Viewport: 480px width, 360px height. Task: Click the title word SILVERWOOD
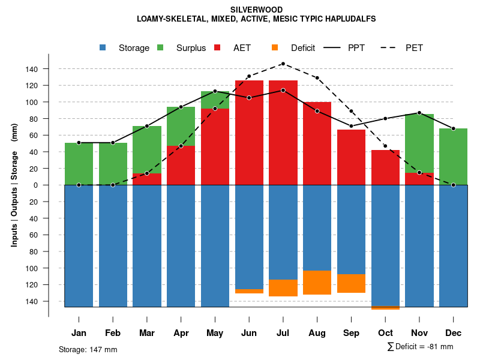pyautogui.click(x=256, y=10)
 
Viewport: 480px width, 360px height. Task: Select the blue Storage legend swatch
pyautogui.click(x=104, y=48)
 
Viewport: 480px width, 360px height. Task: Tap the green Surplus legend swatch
pyautogui.click(x=161, y=48)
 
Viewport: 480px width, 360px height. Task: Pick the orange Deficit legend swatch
pyautogui.click(x=275, y=48)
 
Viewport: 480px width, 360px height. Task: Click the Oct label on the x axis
pyautogui.click(x=385, y=333)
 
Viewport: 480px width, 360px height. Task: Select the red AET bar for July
pyautogui.click(x=283, y=132)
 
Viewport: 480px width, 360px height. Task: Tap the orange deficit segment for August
pyautogui.click(x=317, y=283)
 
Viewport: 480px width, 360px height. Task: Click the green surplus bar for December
pyautogui.click(x=453, y=156)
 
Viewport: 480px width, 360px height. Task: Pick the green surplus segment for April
pyautogui.click(x=181, y=126)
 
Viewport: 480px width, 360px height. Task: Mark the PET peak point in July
pyautogui.click(x=283, y=64)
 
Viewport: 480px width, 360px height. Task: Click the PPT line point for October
pyautogui.click(x=385, y=118)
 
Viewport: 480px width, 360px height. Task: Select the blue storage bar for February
pyautogui.click(x=113, y=246)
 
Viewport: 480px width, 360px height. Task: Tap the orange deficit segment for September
pyautogui.click(x=351, y=283)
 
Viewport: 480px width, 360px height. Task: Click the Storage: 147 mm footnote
pyautogui.click(x=88, y=349)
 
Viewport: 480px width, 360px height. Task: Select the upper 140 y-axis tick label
pyautogui.click(x=32, y=69)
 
